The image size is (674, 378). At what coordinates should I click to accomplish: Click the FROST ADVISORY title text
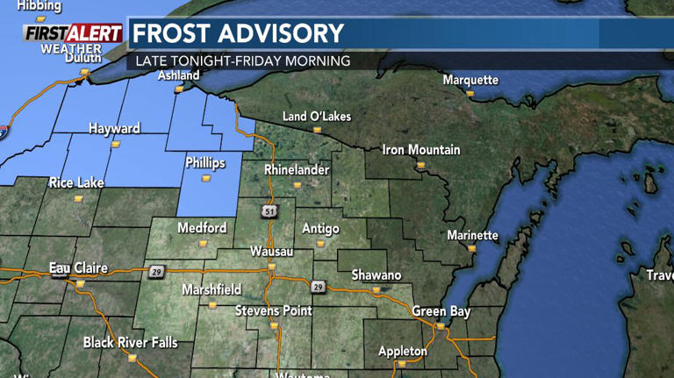[238, 33]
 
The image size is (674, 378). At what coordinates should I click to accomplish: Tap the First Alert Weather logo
[72, 38]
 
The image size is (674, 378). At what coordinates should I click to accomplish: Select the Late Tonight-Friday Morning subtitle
[242, 61]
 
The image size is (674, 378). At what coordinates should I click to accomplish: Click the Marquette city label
[470, 80]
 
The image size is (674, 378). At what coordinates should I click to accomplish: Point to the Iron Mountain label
[421, 150]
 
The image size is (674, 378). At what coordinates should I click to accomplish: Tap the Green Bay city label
[441, 311]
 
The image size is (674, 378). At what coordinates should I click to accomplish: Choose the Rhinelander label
[297, 169]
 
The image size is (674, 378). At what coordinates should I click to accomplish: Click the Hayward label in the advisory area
[114, 129]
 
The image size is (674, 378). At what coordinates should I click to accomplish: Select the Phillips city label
[205, 163]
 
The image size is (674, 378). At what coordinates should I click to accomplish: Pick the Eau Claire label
[77, 267]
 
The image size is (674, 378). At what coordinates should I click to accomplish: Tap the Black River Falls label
[130, 342]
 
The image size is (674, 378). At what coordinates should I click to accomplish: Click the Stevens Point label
[274, 311]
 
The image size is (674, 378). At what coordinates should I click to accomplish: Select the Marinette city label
[472, 235]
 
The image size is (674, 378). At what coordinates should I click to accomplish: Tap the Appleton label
[402, 351]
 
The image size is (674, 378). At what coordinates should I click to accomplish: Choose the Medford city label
[202, 228]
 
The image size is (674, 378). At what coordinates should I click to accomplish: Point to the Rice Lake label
[76, 182]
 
